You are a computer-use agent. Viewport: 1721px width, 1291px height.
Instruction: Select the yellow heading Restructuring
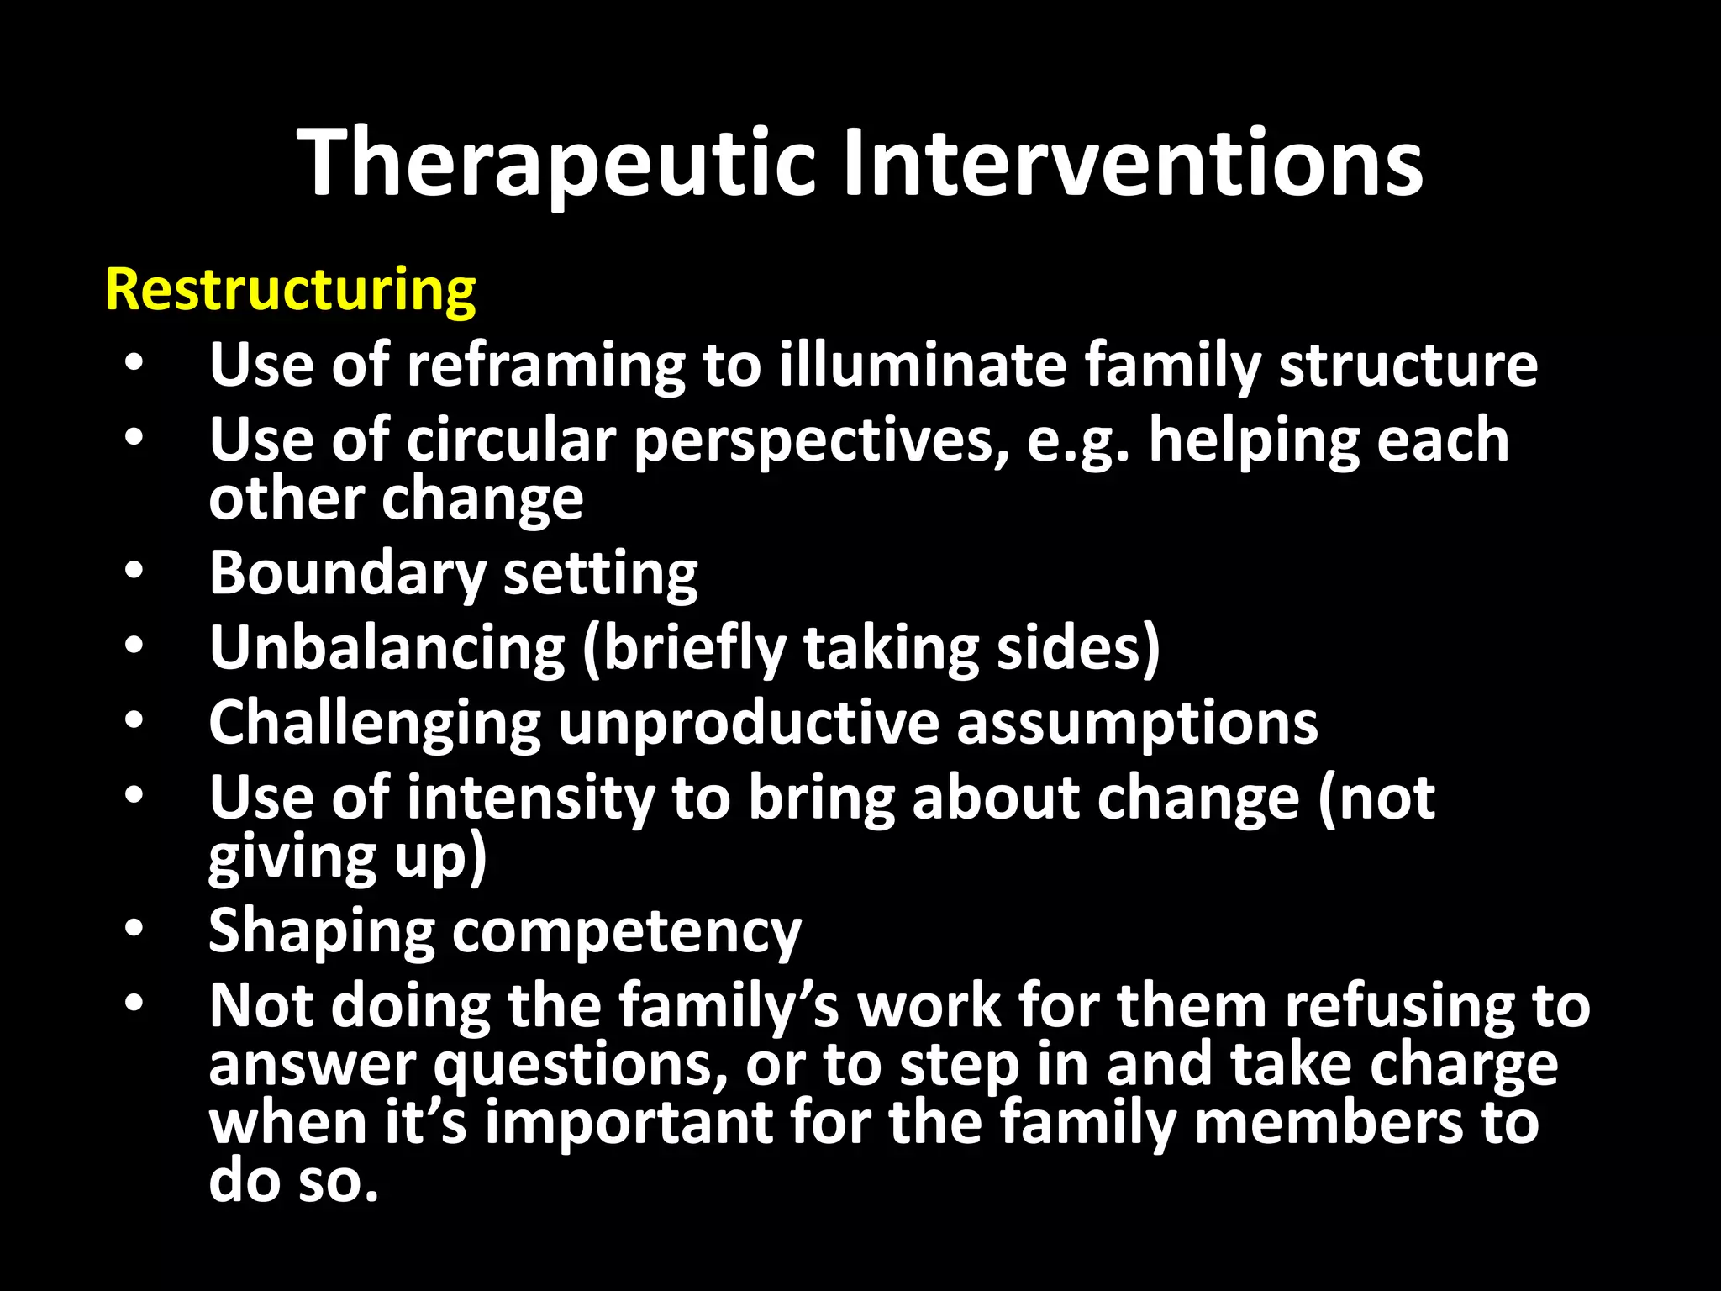coord(290,290)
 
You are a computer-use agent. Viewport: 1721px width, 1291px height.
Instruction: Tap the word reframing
coord(546,366)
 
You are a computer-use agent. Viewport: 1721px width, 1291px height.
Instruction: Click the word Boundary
coord(347,574)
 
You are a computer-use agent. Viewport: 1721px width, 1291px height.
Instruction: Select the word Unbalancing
coord(387,648)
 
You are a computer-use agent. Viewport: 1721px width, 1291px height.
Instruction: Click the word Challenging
coord(375,724)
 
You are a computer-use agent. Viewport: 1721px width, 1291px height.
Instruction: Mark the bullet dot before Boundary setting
coord(134,572)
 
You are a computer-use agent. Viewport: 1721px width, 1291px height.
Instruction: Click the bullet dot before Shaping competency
coord(134,929)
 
